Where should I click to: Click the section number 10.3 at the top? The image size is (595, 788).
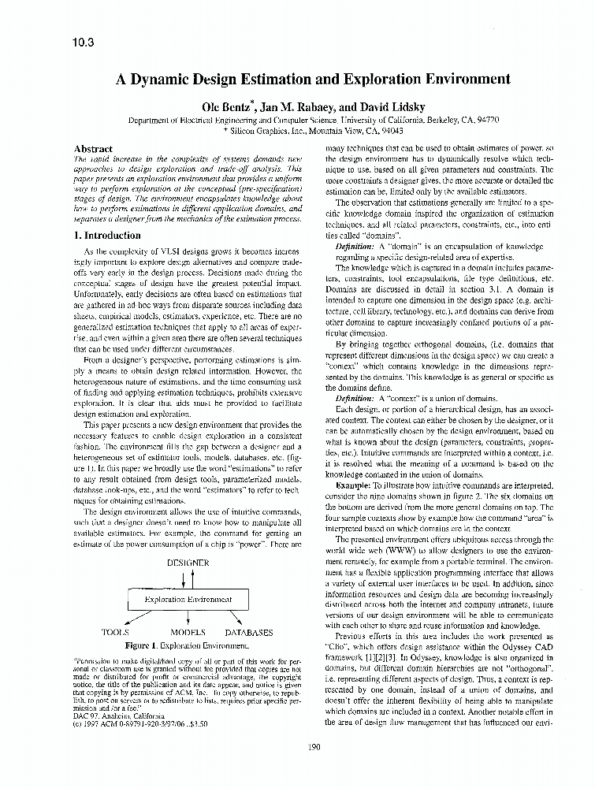coord(82,43)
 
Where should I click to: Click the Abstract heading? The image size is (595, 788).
coord(92,148)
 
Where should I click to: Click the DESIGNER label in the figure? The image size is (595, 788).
coord(188,563)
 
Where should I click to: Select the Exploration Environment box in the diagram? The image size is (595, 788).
coord(188,600)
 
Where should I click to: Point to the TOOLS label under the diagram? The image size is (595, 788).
coord(117,632)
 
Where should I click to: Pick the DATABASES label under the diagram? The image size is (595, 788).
coord(249,632)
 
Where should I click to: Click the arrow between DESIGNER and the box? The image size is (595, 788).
coord(188,578)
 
